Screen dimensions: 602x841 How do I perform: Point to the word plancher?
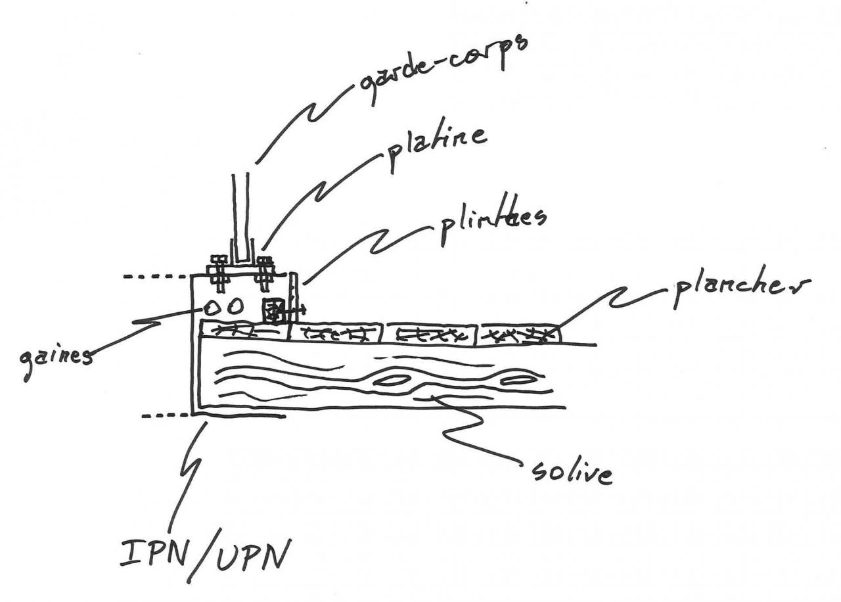click(x=740, y=288)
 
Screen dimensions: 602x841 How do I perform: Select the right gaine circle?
click(x=235, y=307)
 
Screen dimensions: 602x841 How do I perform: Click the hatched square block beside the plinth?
click(x=273, y=311)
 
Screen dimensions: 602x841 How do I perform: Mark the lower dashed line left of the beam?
click(x=164, y=416)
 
